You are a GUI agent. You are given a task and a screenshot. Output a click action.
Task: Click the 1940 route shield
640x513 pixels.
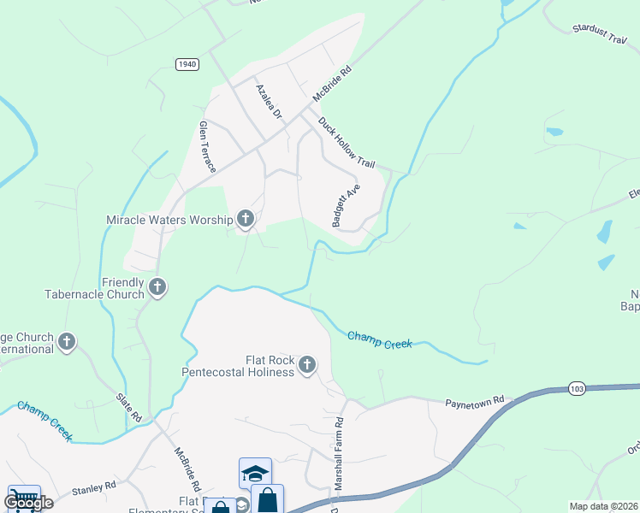pos(187,64)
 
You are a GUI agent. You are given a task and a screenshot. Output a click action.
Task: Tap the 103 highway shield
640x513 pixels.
pos(578,389)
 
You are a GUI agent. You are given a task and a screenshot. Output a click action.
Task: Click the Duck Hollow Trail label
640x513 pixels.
pos(347,142)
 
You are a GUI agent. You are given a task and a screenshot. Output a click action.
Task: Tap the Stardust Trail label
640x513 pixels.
pos(604,35)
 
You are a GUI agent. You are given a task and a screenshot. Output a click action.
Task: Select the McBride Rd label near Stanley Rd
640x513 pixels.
pos(187,469)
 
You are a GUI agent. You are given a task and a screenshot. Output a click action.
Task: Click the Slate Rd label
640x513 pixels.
pos(129,406)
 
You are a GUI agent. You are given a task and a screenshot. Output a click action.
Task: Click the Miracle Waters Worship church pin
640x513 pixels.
pos(246,219)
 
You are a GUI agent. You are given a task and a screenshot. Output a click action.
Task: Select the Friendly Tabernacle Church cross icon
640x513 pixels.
pos(157,287)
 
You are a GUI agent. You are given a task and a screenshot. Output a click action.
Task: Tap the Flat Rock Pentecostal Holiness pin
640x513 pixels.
pos(306,365)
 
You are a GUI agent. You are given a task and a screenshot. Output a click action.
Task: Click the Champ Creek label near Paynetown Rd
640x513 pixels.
pos(380,339)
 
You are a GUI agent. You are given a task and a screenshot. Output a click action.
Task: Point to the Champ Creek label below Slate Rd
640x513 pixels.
pos(45,421)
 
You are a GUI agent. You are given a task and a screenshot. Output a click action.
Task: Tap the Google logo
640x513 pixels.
pos(28,503)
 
